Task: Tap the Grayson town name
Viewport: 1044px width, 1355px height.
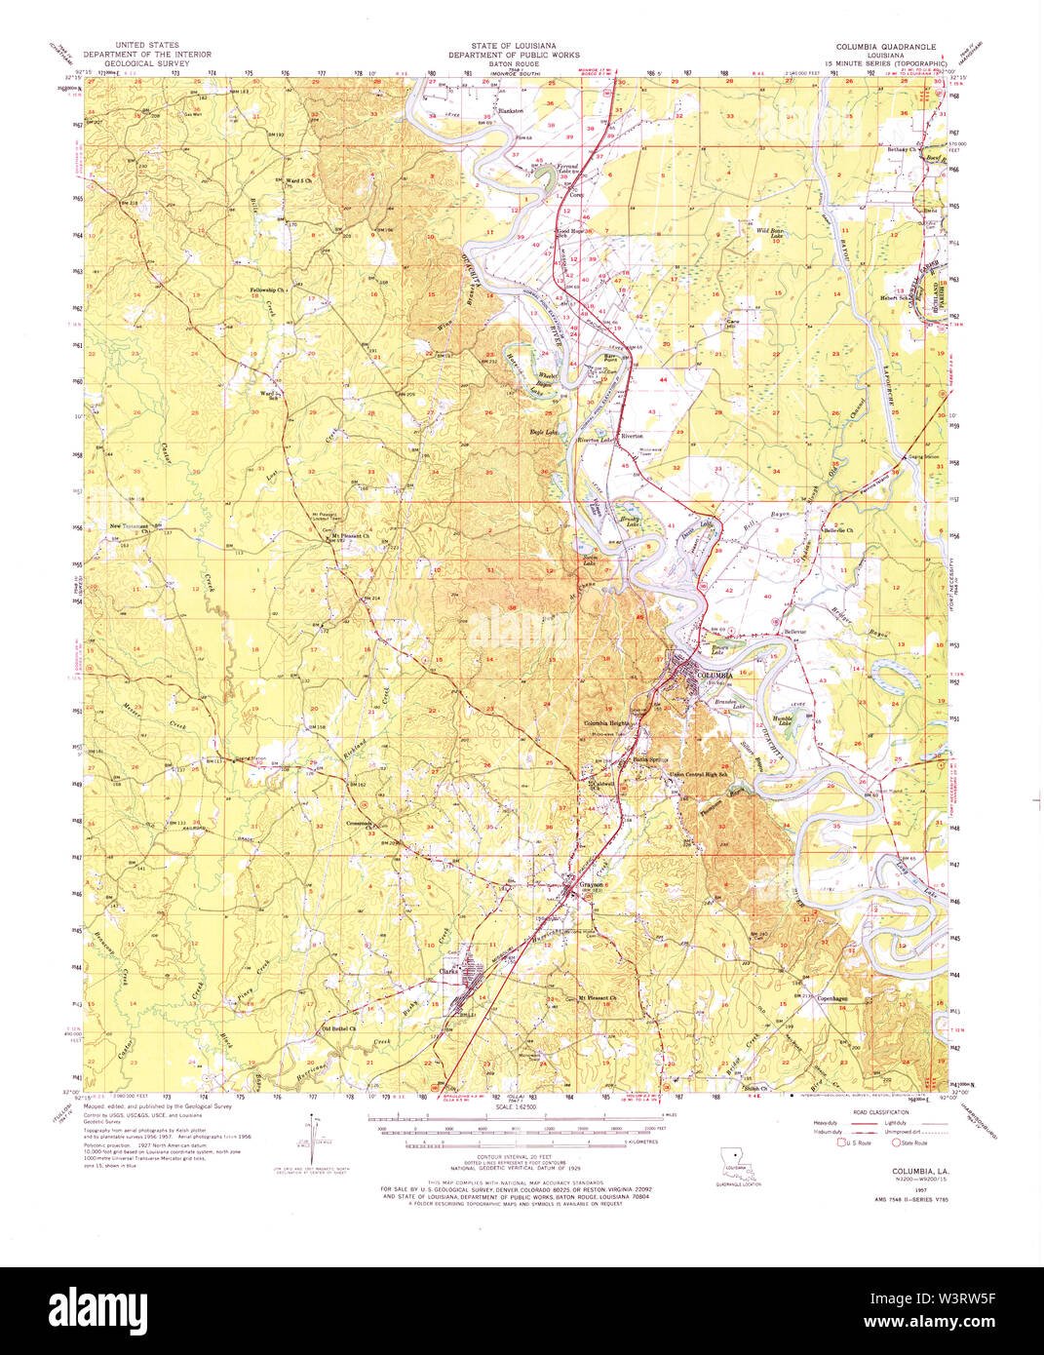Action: pyautogui.click(x=592, y=885)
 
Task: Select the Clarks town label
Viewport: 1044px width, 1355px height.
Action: pyautogui.click(x=449, y=971)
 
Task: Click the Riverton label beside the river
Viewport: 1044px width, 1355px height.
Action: pyautogui.click(x=632, y=436)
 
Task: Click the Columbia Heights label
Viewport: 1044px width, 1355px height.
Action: pyautogui.click(x=607, y=723)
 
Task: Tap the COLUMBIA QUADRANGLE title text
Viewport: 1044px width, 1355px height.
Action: pyautogui.click(x=885, y=47)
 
